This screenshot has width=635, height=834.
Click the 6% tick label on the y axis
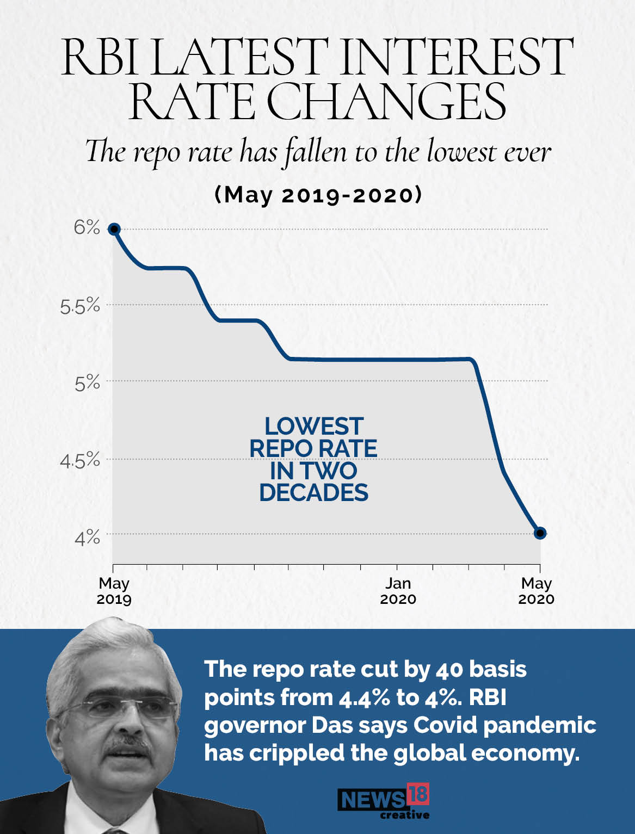[x=87, y=227]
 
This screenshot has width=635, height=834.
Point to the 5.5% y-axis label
[x=80, y=306]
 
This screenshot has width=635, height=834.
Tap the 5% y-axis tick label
[x=87, y=383]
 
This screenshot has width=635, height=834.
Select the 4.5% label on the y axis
[x=80, y=461]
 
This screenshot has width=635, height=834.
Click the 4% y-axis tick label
[x=87, y=538]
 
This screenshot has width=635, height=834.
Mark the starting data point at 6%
[x=114, y=228]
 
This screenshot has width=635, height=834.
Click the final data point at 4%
[x=540, y=533]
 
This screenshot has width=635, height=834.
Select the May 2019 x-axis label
[x=114, y=591]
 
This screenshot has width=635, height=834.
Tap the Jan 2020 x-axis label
[x=398, y=591]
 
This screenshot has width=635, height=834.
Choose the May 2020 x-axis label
[x=537, y=591]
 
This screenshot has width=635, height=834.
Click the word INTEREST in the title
[x=457, y=57]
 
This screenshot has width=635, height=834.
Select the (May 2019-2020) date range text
[x=318, y=195]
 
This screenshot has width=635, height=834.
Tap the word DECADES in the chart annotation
[x=313, y=492]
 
